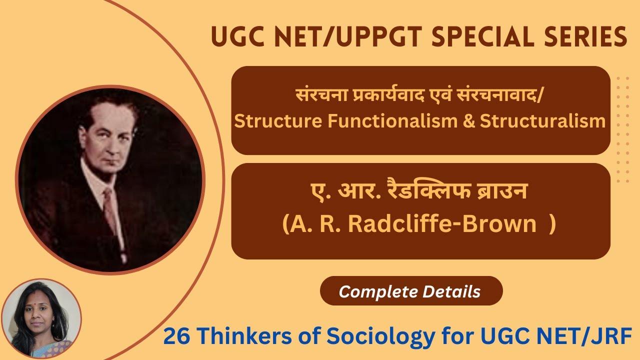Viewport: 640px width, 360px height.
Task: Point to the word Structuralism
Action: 542,121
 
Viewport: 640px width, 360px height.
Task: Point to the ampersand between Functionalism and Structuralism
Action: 469,121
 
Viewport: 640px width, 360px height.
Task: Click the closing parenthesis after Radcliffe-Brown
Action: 552,224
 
